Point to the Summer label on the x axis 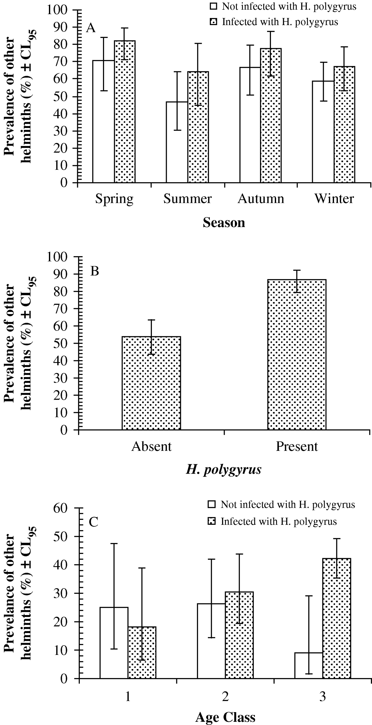click(x=187, y=199)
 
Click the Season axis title click(x=224, y=222)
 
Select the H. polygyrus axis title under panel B click(x=224, y=470)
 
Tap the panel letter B click(x=94, y=271)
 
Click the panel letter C click(x=93, y=522)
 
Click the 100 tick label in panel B click(x=63, y=257)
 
